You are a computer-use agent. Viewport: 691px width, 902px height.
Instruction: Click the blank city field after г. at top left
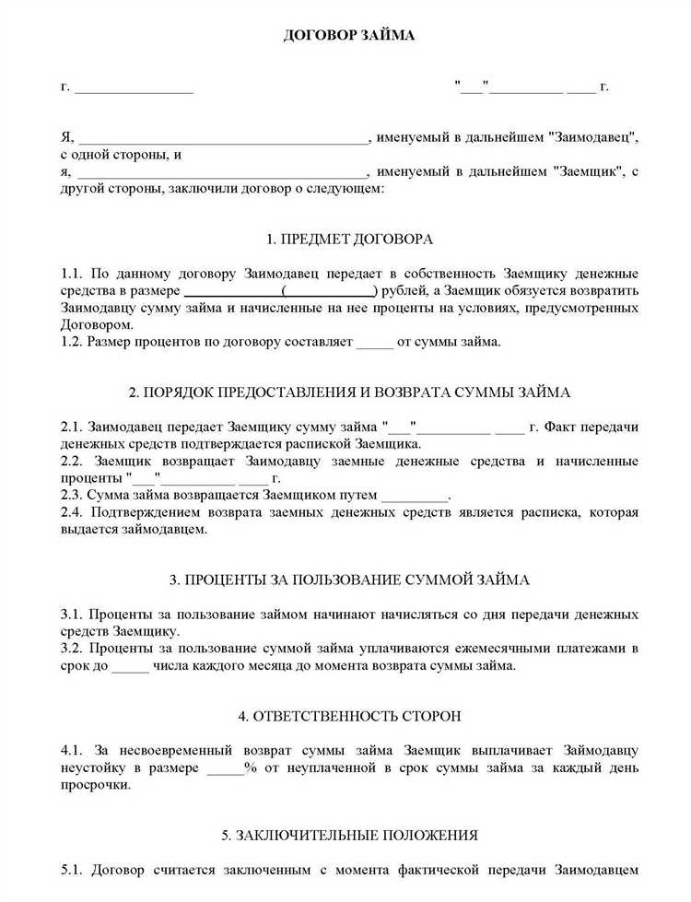click(134, 88)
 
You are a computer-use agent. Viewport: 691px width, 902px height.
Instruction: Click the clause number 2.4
click(72, 513)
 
